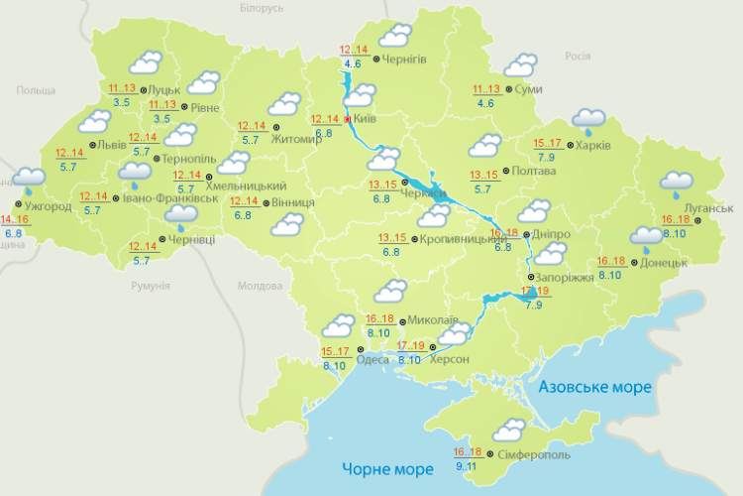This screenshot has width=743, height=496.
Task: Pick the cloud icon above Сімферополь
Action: click(x=508, y=431)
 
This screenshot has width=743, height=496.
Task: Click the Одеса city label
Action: click(x=372, y=360)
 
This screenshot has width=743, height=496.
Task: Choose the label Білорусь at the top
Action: click(x=262, y=8)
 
